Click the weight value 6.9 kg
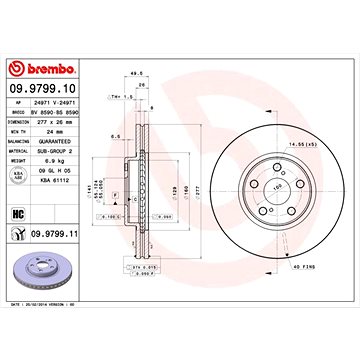pos(57,159)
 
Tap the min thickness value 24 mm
pos(54,132)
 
